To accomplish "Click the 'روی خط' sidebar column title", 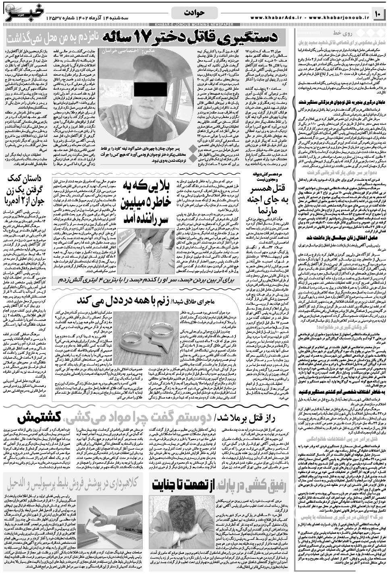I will pyautogui.click(x=341, y=32).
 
